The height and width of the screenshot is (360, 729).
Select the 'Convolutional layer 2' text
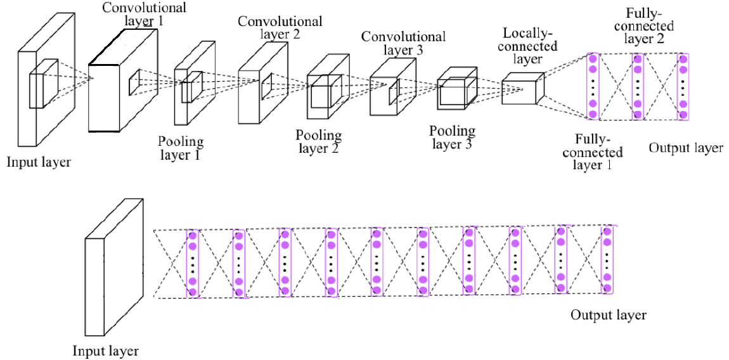pos(280,28)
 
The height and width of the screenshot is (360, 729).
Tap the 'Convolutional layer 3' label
pos(403,44)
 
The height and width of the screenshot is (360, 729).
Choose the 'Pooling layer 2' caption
pos(318,142)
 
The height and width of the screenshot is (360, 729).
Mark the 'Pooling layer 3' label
pos(452,138)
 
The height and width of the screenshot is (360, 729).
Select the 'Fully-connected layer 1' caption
pos(599,151)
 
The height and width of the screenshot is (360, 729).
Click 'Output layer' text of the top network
pos(686,148)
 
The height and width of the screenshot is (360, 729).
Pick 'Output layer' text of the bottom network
pos(609,315)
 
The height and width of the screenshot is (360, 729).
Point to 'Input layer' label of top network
pos(39,162)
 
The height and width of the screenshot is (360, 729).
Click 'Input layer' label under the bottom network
pos(106,350)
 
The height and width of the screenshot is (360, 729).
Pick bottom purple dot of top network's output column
pos(683,114)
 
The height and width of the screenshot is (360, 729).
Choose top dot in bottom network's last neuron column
pos(607,232)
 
